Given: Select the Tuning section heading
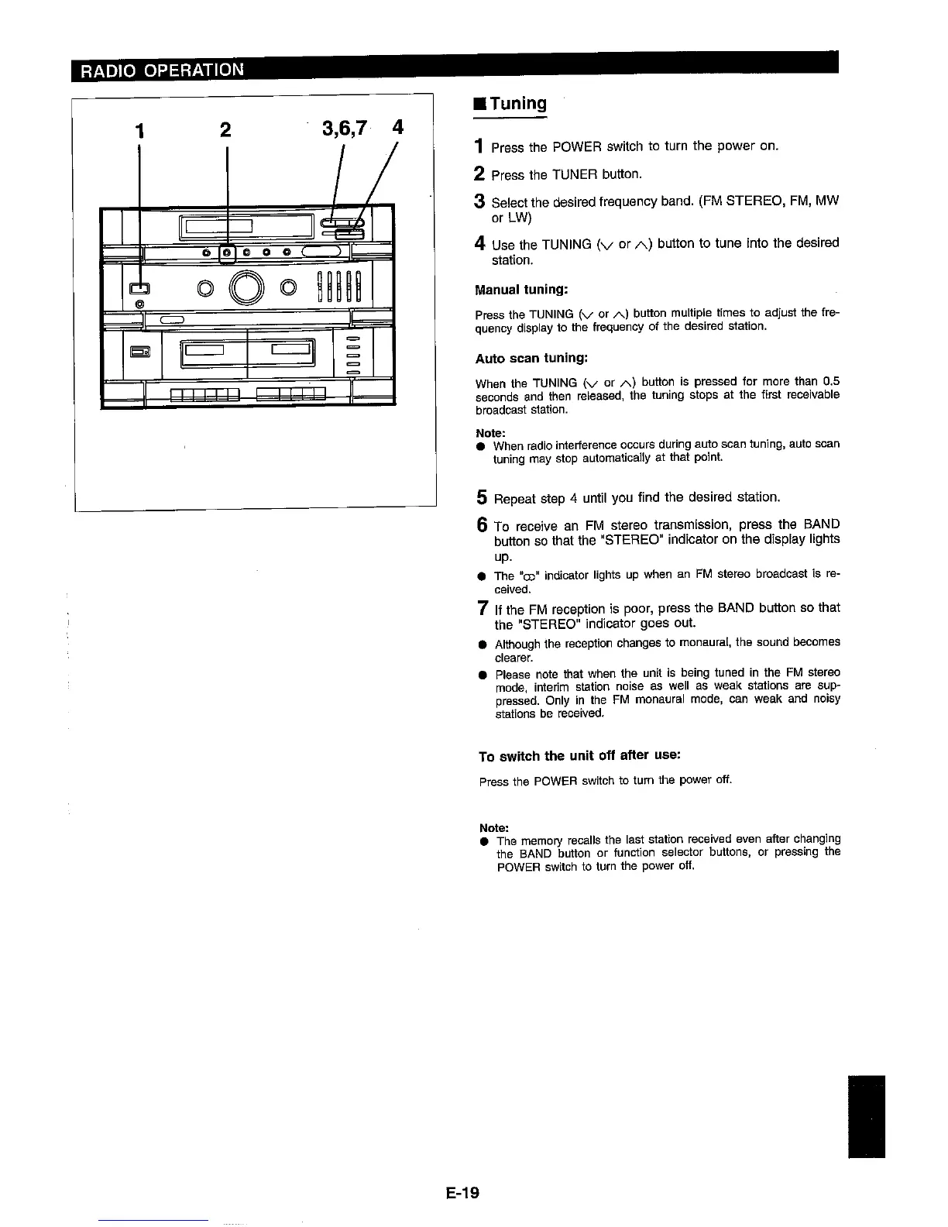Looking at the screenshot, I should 513,104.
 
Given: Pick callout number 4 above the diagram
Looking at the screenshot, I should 397,127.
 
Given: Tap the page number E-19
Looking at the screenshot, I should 463,1193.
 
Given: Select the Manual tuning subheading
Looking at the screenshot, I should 521,290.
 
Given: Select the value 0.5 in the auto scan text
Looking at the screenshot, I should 832,382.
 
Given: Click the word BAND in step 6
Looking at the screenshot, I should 820,524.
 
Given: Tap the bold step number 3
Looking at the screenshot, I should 480,201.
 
